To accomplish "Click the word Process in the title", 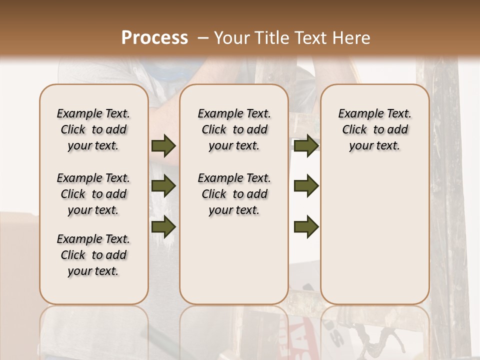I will (154, 38).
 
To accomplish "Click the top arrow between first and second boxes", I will (163, 146).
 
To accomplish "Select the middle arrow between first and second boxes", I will (163, 186).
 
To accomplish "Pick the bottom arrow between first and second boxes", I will (163, 226).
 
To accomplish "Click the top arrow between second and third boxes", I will (306, 146).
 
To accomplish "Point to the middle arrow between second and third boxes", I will (306, 186).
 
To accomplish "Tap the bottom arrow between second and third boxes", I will (306, 226).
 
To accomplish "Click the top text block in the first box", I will (93, 130).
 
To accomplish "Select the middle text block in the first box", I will (93, 194).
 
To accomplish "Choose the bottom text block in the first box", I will (93, 255).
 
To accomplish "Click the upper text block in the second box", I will (234, 130).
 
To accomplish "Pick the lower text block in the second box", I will (234, 194).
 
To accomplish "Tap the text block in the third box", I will (374, 130).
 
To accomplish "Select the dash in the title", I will (203, 38).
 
